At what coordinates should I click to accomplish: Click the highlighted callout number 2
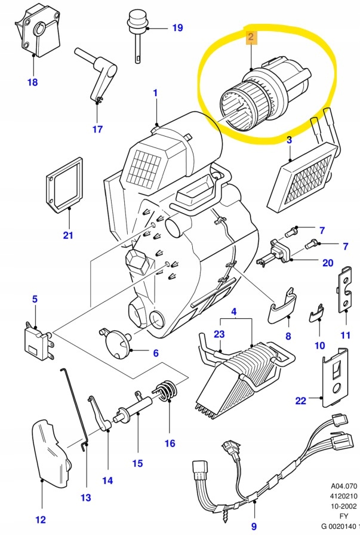click(x=251, y=38)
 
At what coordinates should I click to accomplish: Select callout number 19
click(x=177, y=27)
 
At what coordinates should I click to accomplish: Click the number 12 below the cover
click(x=40, y=519)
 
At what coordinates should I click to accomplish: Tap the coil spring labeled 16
click(x=167, y=392)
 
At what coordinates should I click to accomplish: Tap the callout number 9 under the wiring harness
click(x=254, y=526)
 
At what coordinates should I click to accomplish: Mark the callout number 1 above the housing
click(x=155, y=93)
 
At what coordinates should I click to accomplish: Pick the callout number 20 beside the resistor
click(x=328, y=263)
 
